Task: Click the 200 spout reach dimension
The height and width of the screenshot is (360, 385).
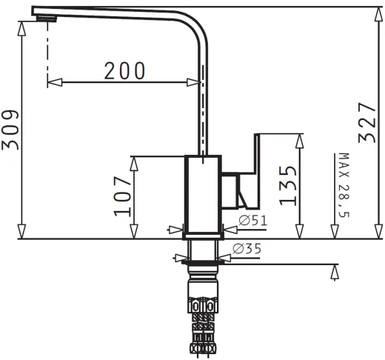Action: (124, 70)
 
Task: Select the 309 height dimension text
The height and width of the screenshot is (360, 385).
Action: (10, 130)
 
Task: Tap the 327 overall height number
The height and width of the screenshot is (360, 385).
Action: (367, 123)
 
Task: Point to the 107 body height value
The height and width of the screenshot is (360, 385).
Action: (122, 196)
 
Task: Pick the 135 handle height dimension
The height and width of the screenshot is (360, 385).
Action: (288, 186)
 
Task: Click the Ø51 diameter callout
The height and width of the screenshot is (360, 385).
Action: (253, 220)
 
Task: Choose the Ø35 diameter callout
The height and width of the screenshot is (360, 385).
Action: (247, 249)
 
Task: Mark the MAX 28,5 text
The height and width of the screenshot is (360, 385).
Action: (344, 185)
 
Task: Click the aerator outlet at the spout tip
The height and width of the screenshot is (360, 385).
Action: (47, 19)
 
